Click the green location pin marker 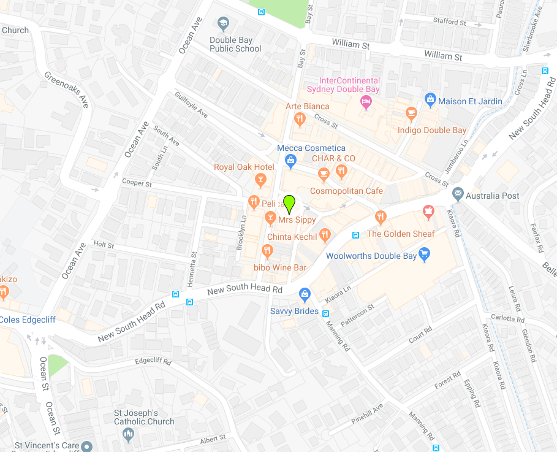pyautogui.click(x=289, y=203)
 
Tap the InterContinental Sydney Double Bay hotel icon pyautogui.click(x=366, y=102)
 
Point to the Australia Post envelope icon pyautogui.click(x=458, y=194)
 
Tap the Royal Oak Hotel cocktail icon pyautogui.click(x=261, y=179)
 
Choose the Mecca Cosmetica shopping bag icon pyautogui.click(x=291, y=161)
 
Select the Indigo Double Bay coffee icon pyautogui.click(x=412, y=113)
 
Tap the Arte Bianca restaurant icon pyautogui.click(x=299, y=118)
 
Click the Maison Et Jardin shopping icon pyautogui.click(x=430, y=99)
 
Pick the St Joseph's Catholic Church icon pyautogui.click(x=128, y=435)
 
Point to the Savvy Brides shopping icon pyautogui.click(x=304, y=295)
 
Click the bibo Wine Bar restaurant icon pyautogui.click(x=267, y=250)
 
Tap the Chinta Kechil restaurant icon pyautogui.click(x=325, y=235)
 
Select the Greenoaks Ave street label pyautogui.click(x=67, y=90)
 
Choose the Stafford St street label pyautogui.click(x=450, y=21)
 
